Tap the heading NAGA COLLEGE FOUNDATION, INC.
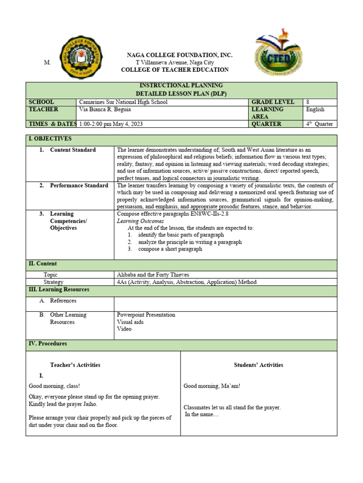tap(179, 55)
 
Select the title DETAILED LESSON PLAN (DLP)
tap(181, 93)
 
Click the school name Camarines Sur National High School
tap(124, 102)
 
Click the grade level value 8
tap(308, 102)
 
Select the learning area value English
tap(315, 109)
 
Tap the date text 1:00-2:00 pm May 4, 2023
tap(111, 124)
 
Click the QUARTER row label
tap(266, 124)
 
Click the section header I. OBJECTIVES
tap(50, 139)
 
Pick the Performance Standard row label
tap(79, 185)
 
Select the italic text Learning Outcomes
tap(140, 221)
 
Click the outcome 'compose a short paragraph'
tap(170, 249)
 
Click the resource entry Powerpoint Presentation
tap(146, 315)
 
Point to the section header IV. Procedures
tap(48, 344)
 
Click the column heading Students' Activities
tap(259, 365)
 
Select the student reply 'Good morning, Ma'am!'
tap(212, 386)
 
